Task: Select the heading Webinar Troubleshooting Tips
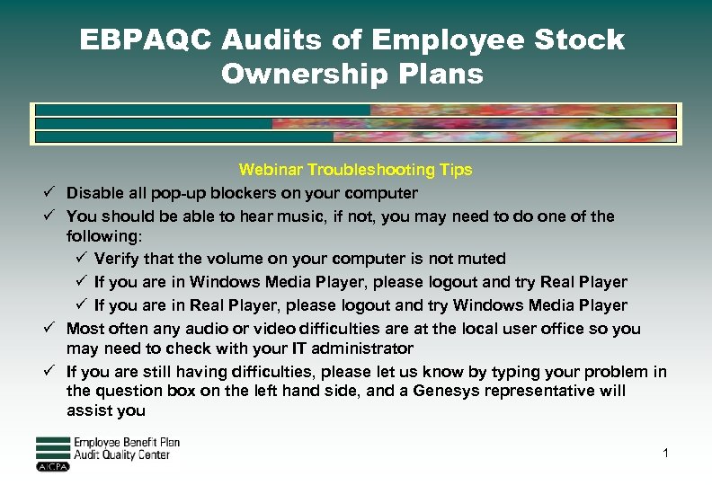355,170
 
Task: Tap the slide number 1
665,453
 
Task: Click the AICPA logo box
52,467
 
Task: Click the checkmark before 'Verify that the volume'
80,259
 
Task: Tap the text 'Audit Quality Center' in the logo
121,454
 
